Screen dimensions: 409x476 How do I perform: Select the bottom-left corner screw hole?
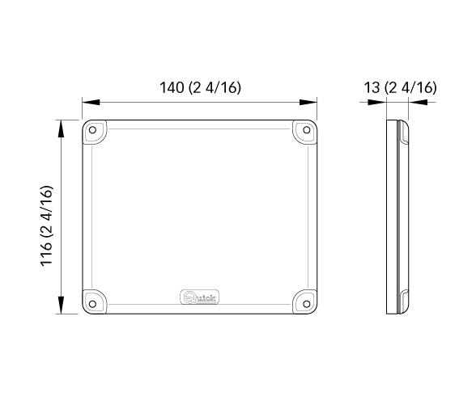(x=94, y=303)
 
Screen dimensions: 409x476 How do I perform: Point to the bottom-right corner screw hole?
(x=306, y=303)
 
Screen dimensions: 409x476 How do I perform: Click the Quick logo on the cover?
(x=199, y=298)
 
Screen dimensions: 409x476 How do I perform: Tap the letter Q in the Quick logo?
(x=187, y=298)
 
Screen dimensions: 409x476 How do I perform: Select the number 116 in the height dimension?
(x=48, y=251)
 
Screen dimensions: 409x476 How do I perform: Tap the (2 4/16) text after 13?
(x=410, y=87)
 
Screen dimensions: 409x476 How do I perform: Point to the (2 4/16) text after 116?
(x=48, y=208)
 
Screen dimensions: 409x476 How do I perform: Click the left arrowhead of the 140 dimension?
(x=90, y=103)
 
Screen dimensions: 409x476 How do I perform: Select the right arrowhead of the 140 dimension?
(x=309, y=103)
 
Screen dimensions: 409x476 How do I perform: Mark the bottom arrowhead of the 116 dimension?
(x=61, y=307)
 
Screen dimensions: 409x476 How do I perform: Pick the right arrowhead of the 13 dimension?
(x=417, y=103)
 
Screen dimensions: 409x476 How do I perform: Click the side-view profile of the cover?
(x=397, y=217)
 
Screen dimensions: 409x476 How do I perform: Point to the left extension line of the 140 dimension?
(x=82, y=109)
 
